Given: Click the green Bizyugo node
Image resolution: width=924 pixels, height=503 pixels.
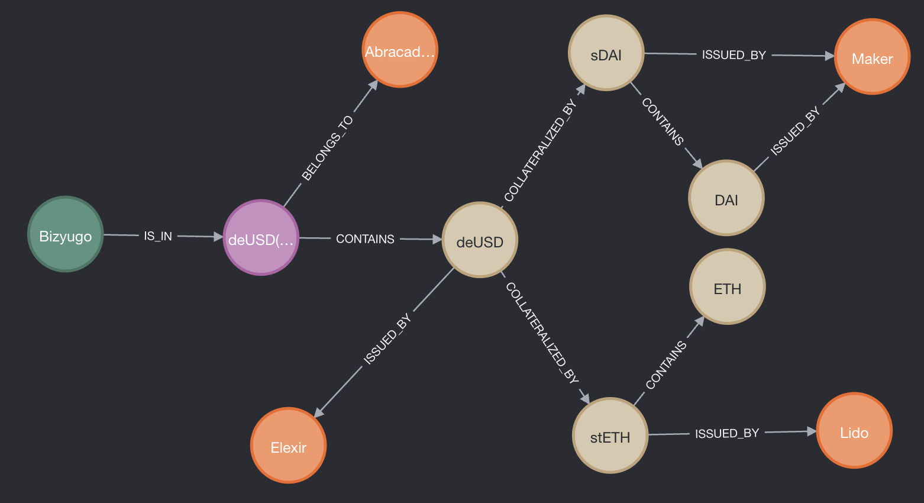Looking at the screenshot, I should click(66, 234).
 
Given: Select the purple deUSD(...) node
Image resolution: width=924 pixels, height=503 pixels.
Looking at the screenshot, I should click(261, 237).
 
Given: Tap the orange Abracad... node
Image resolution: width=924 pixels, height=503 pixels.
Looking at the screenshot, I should click(400, 50).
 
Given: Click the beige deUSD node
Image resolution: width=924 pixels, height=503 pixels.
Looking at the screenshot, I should click(480, 240).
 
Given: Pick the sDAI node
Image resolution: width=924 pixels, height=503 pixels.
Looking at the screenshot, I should click(606, 53).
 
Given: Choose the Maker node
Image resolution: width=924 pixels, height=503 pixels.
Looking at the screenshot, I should click(872, 57).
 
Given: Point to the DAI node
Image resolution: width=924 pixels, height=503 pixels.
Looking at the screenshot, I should click(726, 198).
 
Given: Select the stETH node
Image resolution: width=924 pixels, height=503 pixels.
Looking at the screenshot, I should click(610, 436).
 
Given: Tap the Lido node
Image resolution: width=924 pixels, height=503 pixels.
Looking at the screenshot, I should click(854, 431).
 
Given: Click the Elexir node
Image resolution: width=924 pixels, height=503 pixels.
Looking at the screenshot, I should click(289, 446).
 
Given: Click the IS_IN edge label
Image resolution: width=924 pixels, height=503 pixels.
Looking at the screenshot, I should click(158, 236).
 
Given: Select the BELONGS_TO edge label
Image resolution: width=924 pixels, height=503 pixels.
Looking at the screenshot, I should click(327, 148).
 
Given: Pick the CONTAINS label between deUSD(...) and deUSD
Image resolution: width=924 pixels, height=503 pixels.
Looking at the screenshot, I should click(365, 239).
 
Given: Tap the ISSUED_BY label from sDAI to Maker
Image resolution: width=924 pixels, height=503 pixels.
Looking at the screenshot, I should click(734, 55).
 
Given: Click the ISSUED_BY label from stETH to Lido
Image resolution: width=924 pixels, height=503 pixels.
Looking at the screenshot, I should click(727, 433).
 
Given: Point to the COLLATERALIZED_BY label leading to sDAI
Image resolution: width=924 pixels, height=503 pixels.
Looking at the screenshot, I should click(539, 151).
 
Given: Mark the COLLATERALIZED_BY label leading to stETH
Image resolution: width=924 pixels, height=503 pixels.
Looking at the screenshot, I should click(542, 333).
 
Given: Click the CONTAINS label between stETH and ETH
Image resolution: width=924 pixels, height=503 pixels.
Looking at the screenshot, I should click(666, 365).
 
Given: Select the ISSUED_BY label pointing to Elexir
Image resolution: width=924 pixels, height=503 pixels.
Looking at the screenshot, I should click(387, 340).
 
